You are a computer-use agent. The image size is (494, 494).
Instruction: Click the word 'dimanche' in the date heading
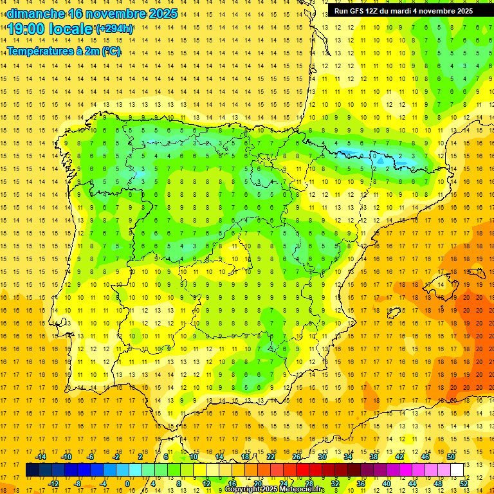[x=35, y=14]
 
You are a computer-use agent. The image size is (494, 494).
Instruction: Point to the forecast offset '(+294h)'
[x=114, y=29]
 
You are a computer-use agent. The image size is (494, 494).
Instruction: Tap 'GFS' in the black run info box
[x=360, y=11]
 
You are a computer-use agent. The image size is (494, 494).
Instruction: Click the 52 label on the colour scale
[x=463, y=484]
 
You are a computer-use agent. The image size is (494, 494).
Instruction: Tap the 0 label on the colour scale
[x=127, y=484]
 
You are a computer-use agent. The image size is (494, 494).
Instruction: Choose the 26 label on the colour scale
[x=297, y=457]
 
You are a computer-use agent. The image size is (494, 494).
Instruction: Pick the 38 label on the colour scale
[x=373, y=457]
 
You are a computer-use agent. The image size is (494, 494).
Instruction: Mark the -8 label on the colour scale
[x=77, y=484]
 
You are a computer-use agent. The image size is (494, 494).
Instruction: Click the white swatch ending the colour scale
[x=457, y=470]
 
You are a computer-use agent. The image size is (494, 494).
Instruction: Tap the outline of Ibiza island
[x=393, y=313]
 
